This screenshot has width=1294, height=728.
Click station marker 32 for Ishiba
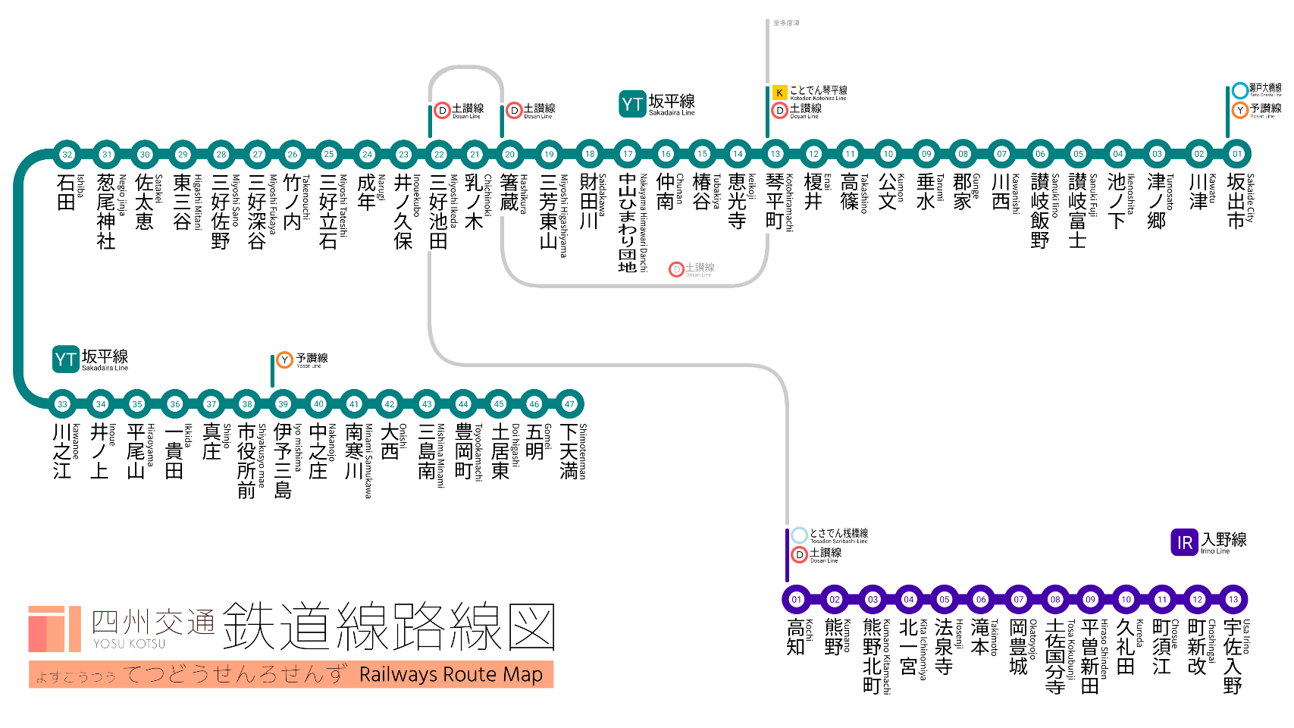[67, 154]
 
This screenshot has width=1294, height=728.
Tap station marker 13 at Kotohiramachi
[775, 154]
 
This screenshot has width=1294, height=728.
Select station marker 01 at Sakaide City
[1237, 154]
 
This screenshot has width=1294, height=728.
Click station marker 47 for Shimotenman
[569, 404]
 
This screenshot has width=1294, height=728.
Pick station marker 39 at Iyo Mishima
[283, 404]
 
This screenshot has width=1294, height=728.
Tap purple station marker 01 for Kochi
[796, 599]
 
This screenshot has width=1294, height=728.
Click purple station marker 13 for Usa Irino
[1233, 599]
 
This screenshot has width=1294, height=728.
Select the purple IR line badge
[1184, 542]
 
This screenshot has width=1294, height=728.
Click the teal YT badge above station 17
[632, 105]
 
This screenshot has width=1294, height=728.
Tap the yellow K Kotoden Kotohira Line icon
[779, 93]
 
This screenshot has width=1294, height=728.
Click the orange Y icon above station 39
[284, 359]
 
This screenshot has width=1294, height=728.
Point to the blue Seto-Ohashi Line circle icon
[1239, 90]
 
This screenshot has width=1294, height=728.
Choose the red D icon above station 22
[442, 111]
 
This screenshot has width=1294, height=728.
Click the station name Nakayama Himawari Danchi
[627, 222]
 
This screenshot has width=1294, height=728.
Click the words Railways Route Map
[451, 674]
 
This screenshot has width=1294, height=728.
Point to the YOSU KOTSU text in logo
[129, 644]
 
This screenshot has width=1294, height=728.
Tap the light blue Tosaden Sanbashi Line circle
[799, 535]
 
